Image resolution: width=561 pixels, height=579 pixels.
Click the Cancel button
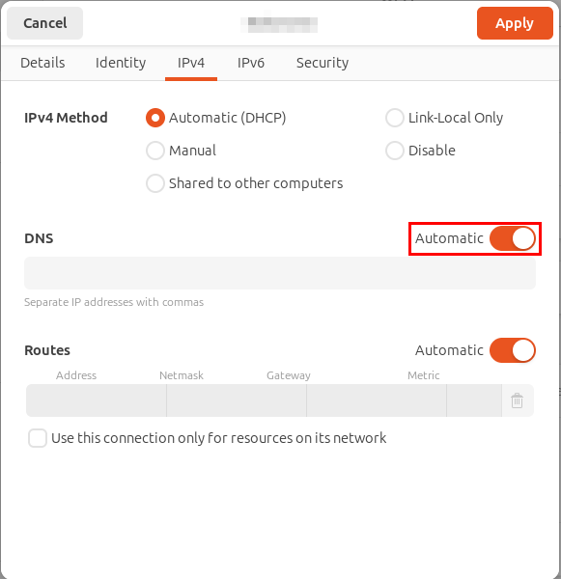click(x=44, y=23)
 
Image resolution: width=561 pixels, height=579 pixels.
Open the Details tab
click(x=42, y=63)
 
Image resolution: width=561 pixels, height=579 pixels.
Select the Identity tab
click(x=121, y=63)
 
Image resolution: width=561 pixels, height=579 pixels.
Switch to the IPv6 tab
click(x=251, y=63)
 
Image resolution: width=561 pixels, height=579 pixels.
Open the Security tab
click(x=323, y=63)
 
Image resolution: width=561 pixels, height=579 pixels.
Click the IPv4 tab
click(x=191, y=63)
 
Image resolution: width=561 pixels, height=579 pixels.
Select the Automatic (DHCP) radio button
click(x=155, y=118)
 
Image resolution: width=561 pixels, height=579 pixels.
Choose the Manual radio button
click(x=155, y=151)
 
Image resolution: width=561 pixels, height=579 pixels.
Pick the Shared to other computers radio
click(x=155, y=183)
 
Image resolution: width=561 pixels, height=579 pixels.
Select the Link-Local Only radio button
click(x=394, y=118)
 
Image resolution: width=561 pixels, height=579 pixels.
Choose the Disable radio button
click(x=394, y=151)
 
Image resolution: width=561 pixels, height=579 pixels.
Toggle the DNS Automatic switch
click(x=512, y=238)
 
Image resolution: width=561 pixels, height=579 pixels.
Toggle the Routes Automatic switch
click(x=512, y=350)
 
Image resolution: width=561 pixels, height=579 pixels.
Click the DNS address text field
click(x=280, y=274)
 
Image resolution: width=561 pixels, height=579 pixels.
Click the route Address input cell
click(x=97, y=400)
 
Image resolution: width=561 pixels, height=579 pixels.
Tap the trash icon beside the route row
click(x=517, y=400)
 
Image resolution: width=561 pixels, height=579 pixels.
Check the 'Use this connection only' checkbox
click(x=38, y=438)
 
